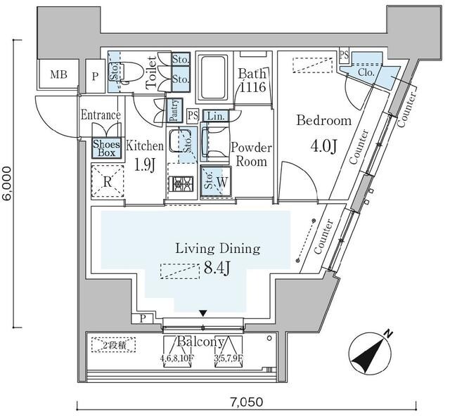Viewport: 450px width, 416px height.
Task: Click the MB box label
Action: click(58, 74)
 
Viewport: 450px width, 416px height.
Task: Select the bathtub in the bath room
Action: click(212, 79)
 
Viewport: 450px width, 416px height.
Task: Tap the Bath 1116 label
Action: click(251, 80)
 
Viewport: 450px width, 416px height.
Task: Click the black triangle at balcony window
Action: click(203, 313)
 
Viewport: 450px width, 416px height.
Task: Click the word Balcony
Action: click(201, 342)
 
